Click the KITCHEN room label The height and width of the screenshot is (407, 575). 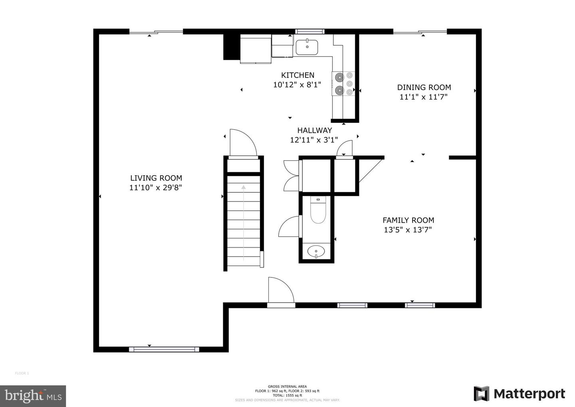[297, 75]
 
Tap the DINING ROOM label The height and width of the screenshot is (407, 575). [424, 87]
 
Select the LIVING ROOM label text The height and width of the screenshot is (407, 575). [156, 178]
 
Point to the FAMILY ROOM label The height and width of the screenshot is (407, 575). [408, 220]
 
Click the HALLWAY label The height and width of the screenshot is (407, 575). [314, 130]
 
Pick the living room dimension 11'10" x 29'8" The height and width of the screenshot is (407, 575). [156, 188]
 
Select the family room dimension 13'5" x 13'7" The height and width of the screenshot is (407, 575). [408, 230]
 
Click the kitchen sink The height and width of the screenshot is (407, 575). [307, 47]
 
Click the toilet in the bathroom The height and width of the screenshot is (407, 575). [318, 211]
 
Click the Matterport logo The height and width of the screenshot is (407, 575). [519, 394]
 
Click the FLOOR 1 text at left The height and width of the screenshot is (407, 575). [22, 373]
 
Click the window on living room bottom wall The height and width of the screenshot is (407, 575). [164, 349]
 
